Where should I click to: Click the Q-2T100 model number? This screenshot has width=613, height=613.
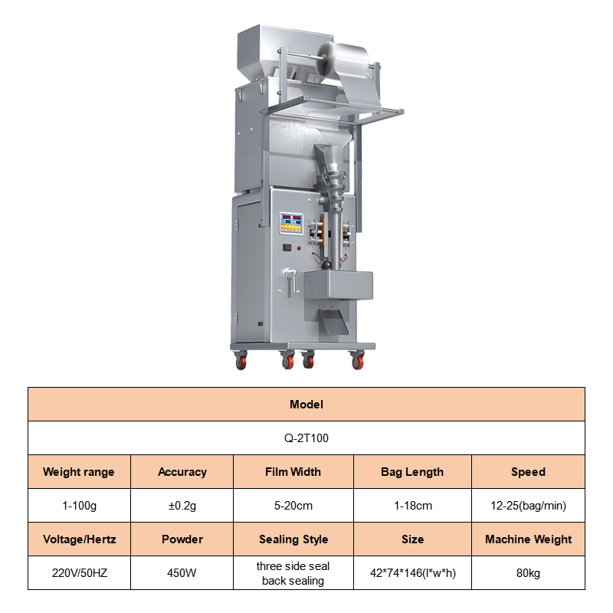point(306,438)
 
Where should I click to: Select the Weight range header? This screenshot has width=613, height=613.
point(79,472)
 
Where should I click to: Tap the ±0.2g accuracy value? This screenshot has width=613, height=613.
point(182,506)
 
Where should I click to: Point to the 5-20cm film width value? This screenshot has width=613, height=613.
point(293,506)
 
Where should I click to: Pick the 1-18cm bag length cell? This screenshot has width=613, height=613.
point(413,506)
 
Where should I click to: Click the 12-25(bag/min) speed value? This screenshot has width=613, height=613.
point(528,506)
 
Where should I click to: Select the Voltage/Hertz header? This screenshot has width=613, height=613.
point(80,539)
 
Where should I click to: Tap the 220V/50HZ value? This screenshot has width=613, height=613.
point(80,573)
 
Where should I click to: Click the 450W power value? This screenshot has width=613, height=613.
point(182,573)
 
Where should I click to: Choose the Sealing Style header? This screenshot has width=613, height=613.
point(293,539)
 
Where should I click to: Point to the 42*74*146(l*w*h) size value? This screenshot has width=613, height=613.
point(413,573)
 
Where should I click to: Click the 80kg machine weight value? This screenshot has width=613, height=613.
point(528,573)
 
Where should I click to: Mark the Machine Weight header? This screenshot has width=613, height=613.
point(528,539)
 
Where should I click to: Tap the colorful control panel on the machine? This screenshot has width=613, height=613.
point(291,223)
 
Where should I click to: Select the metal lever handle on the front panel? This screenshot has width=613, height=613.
point(290,281)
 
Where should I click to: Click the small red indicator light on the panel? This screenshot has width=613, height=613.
point(299,248)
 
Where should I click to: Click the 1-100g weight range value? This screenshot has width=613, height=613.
point(80,506)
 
